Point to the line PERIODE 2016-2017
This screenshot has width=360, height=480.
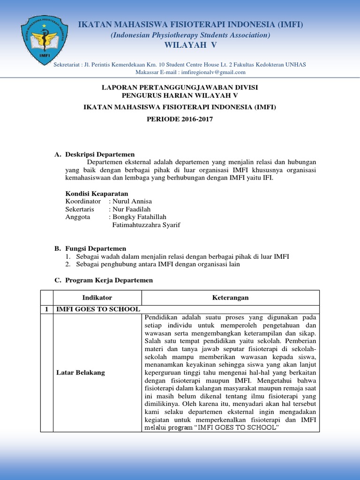[x=180, y=120]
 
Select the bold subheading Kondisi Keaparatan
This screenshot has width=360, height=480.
[x=97, y=194]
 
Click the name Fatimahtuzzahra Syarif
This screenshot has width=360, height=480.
[x=146, y=225]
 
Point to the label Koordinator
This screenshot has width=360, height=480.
[x=83, y=202]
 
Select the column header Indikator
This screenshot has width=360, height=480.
[x=97, y=298]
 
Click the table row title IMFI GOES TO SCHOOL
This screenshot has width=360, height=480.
[x=98, y=309]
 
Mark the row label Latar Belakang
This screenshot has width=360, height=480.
[x=81, y=373]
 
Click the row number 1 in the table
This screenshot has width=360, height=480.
[x=46, y=309]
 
